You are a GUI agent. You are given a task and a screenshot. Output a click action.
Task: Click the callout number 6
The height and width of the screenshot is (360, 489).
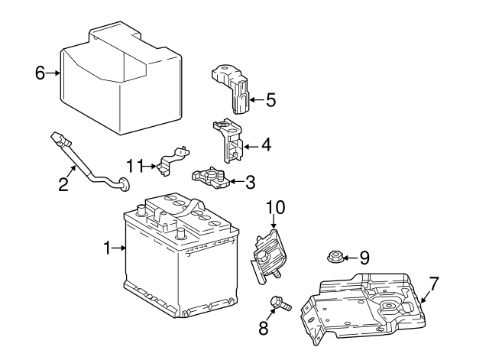[40, 73]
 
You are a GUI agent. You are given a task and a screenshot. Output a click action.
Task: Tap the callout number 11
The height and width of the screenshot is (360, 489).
[135, 165]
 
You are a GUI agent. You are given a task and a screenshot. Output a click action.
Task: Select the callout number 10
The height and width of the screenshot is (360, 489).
[274, 206]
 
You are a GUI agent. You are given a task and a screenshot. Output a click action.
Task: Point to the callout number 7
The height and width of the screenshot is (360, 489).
[433, 284]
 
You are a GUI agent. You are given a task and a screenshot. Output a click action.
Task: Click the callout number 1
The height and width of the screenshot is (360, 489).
[108, 247]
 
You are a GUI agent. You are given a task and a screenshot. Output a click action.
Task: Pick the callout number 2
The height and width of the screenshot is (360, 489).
[63, 183]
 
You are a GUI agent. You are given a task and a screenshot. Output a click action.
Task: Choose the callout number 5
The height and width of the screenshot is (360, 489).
[270, 99]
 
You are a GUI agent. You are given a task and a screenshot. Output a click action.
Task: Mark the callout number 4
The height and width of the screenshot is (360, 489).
[266, 143]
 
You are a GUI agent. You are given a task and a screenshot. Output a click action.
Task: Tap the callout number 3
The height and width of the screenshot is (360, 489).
[250, 182]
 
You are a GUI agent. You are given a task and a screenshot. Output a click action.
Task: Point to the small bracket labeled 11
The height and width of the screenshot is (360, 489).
[171, 161]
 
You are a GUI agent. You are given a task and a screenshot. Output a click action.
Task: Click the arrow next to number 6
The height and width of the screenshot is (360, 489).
[53, 73]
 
